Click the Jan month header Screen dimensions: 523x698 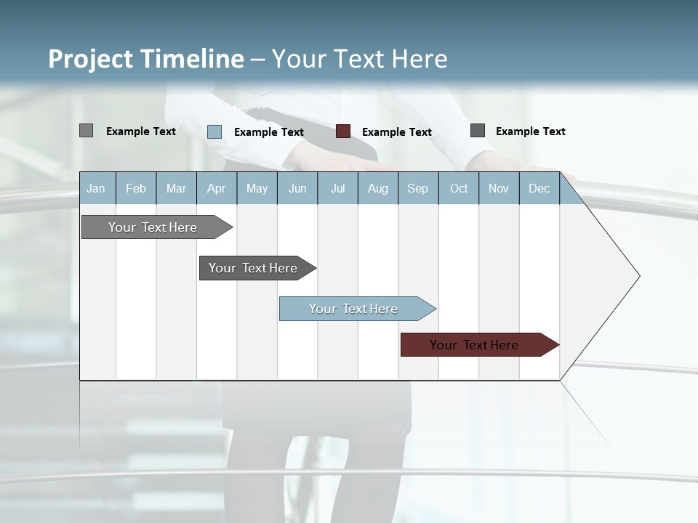coord(97,188)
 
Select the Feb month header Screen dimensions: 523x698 coord(136,188)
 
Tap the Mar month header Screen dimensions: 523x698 coord(176,188)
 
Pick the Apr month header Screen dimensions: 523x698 coord(217,188)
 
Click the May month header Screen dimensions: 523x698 coord(257,188)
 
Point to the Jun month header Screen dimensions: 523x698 coord(297,188)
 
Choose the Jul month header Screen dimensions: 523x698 coord(337,188)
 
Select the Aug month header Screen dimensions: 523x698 coord(378,188)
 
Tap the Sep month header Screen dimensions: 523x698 coord(418,188)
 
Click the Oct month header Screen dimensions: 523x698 coord(459,188)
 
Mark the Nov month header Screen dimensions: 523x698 coord(499,188)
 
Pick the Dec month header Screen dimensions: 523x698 coord(539,188)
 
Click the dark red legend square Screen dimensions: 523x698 coord(343,131)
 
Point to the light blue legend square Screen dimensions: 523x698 coord(214,131)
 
